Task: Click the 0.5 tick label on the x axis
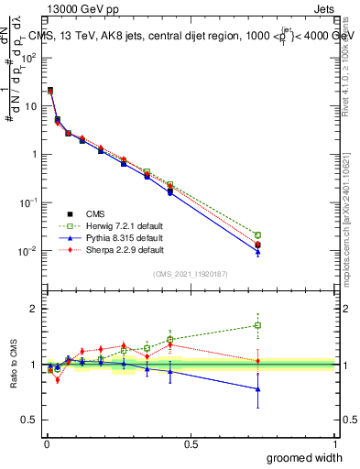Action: click(191, 444)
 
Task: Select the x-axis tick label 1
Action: click(335, 444)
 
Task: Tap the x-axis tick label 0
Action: click(46, 444)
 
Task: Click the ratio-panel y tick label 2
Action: click(33, 309)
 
